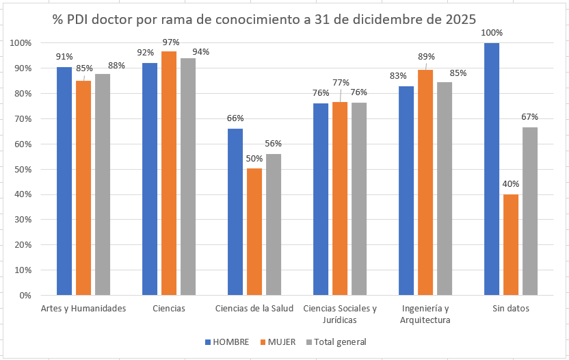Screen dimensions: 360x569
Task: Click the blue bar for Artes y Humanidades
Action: [x=64, y=181]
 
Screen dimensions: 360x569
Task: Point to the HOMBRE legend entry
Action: [x=226, y=342]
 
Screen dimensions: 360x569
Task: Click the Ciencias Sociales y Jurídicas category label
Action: [x=339, y=314]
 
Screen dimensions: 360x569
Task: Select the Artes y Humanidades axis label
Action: [x=83, y=309]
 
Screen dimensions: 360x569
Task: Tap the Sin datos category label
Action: [x=510, y=309]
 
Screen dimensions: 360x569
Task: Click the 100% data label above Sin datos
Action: [x=492, y=33]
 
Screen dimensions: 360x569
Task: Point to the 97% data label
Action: [x=170, y=42]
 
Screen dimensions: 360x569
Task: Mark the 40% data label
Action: [x=511, y=184]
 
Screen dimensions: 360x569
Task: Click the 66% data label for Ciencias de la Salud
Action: [x=235, y=118]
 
